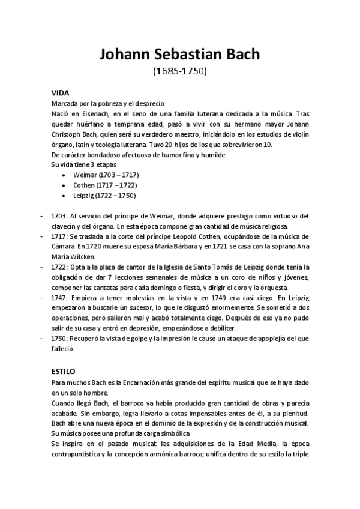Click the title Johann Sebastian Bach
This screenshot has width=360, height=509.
tap(179, 55)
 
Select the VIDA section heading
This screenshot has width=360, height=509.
tap(61, 93)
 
